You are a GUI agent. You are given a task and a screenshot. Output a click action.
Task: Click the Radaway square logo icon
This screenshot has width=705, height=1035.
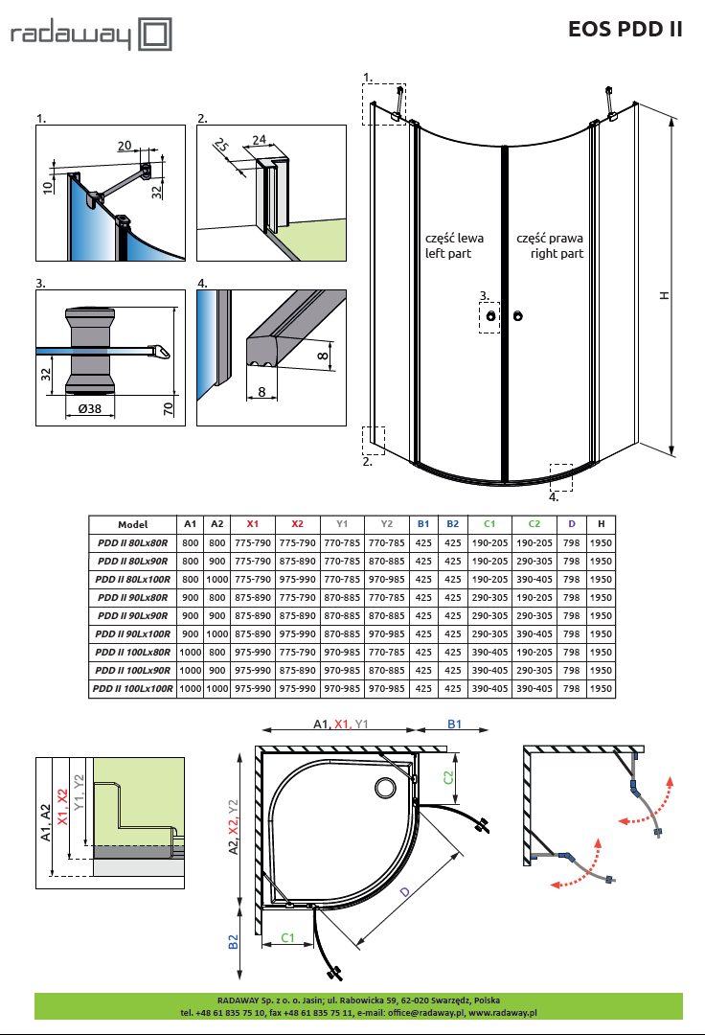[154, 35]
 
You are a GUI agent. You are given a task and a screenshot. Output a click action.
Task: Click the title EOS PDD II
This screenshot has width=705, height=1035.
[626, 29]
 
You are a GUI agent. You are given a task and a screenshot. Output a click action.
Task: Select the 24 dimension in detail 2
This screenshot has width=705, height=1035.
[258, 139]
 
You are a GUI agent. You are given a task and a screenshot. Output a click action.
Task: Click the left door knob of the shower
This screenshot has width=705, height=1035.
[490, 315]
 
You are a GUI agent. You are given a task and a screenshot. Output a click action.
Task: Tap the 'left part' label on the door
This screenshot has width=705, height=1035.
[448, 254]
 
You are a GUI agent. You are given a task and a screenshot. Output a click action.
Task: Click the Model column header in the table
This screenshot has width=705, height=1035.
[132, 524]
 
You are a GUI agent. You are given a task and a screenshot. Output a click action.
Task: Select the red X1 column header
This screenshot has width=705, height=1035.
[253, 524]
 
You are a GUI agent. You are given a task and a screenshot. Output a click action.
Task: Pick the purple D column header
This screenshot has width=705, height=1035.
[572, 524]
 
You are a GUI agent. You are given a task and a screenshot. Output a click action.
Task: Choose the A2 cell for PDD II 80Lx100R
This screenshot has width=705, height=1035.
[217, 579]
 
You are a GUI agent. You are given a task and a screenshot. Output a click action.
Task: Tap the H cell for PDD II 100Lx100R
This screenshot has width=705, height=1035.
[601, 688]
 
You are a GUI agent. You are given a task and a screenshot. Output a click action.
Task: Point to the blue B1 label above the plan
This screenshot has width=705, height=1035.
[454, 725]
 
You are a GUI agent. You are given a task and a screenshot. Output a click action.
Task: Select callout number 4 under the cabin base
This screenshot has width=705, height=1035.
[553, 497]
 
